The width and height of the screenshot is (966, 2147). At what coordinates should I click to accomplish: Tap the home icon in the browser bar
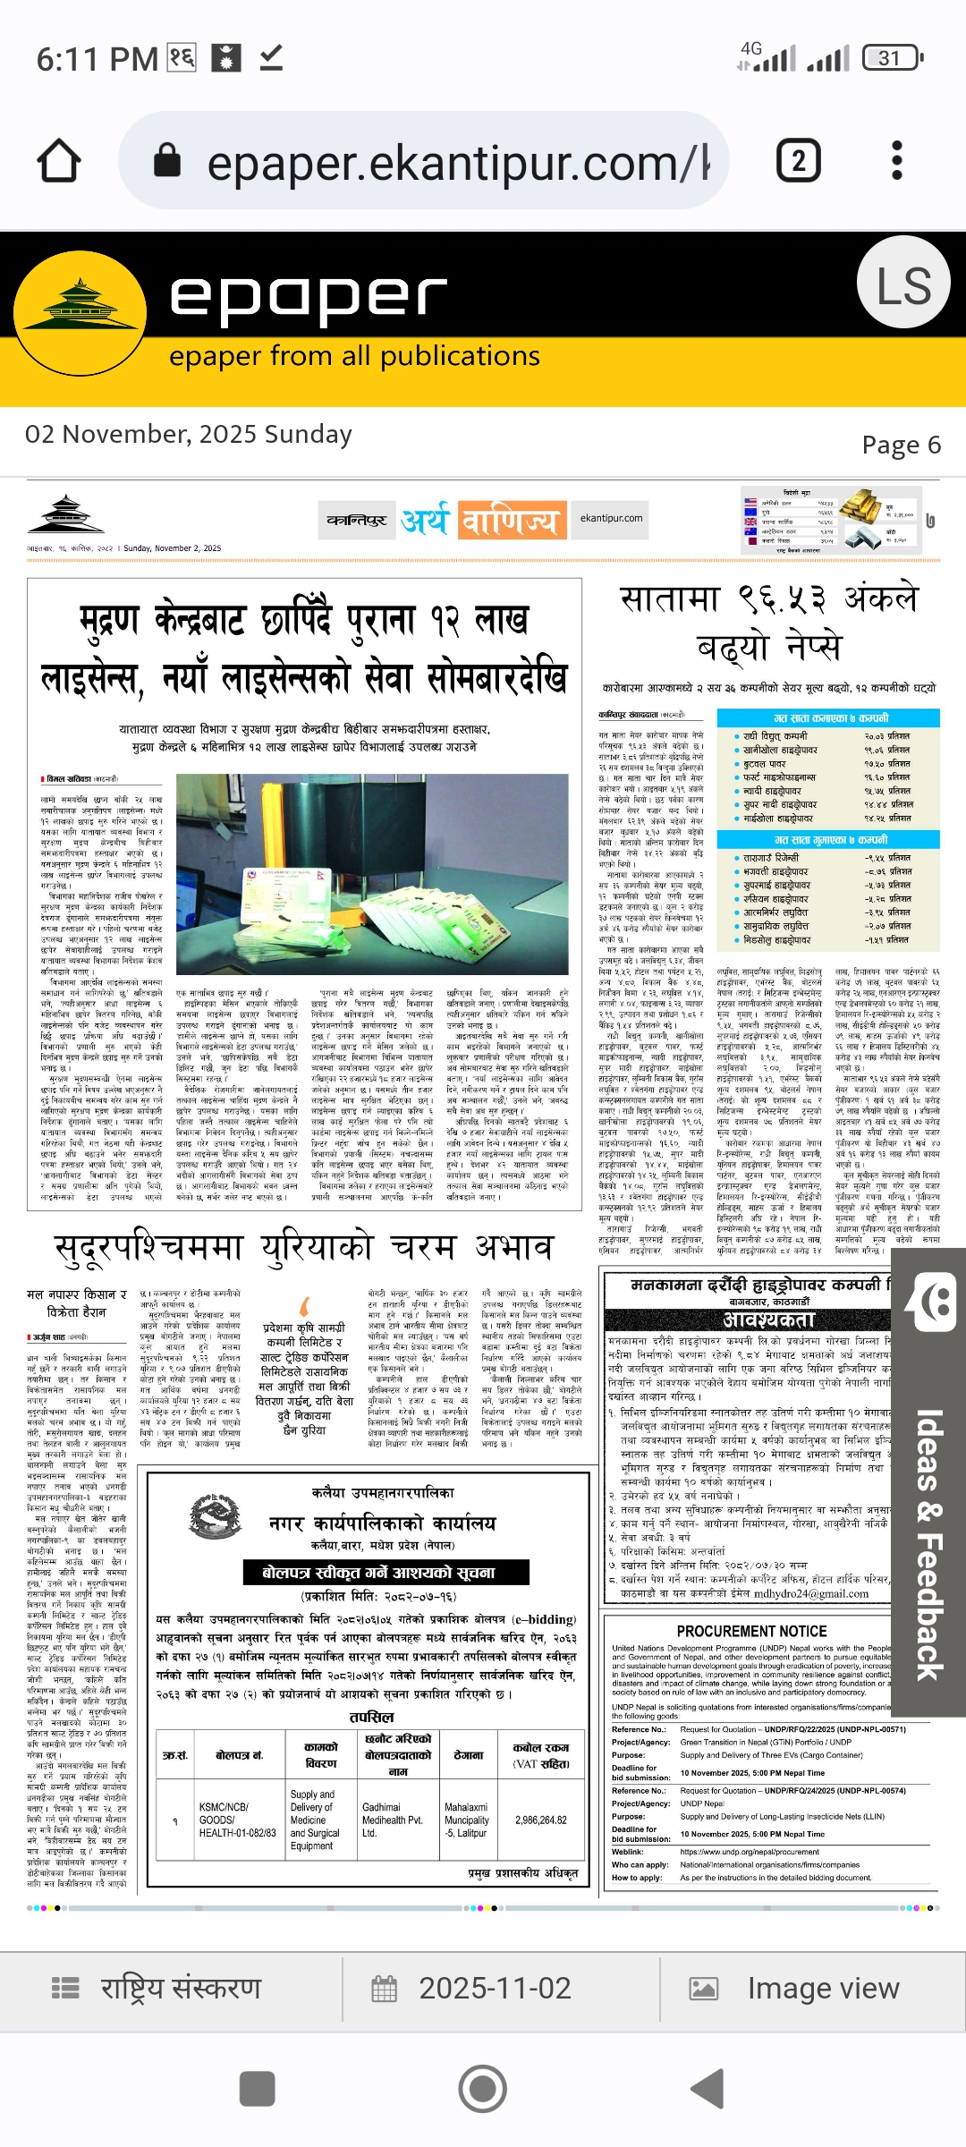click(x=59, y=161)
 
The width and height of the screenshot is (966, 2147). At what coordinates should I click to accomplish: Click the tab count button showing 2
click(x=798, y=161)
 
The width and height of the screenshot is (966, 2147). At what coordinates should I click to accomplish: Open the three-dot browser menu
click(x=897, y=161)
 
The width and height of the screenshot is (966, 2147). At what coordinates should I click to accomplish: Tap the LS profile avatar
click(x=902, y=284)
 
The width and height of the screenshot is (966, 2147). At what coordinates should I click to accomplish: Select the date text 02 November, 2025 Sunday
click(x=189, y=435)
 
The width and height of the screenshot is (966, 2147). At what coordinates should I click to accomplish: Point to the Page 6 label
click(x=901, y=445)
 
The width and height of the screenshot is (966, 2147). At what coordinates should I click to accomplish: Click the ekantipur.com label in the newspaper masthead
click(x=611, y=518)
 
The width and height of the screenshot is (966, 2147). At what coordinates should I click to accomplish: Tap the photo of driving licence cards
click(x=372, y=873)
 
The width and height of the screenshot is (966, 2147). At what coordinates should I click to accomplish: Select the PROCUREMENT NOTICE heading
click(x=751, y=1631)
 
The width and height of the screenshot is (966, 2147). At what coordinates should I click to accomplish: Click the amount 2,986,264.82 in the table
click(x=541, y=1820)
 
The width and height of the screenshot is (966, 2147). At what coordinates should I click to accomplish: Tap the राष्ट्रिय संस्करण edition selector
click(x=157, y=1988)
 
